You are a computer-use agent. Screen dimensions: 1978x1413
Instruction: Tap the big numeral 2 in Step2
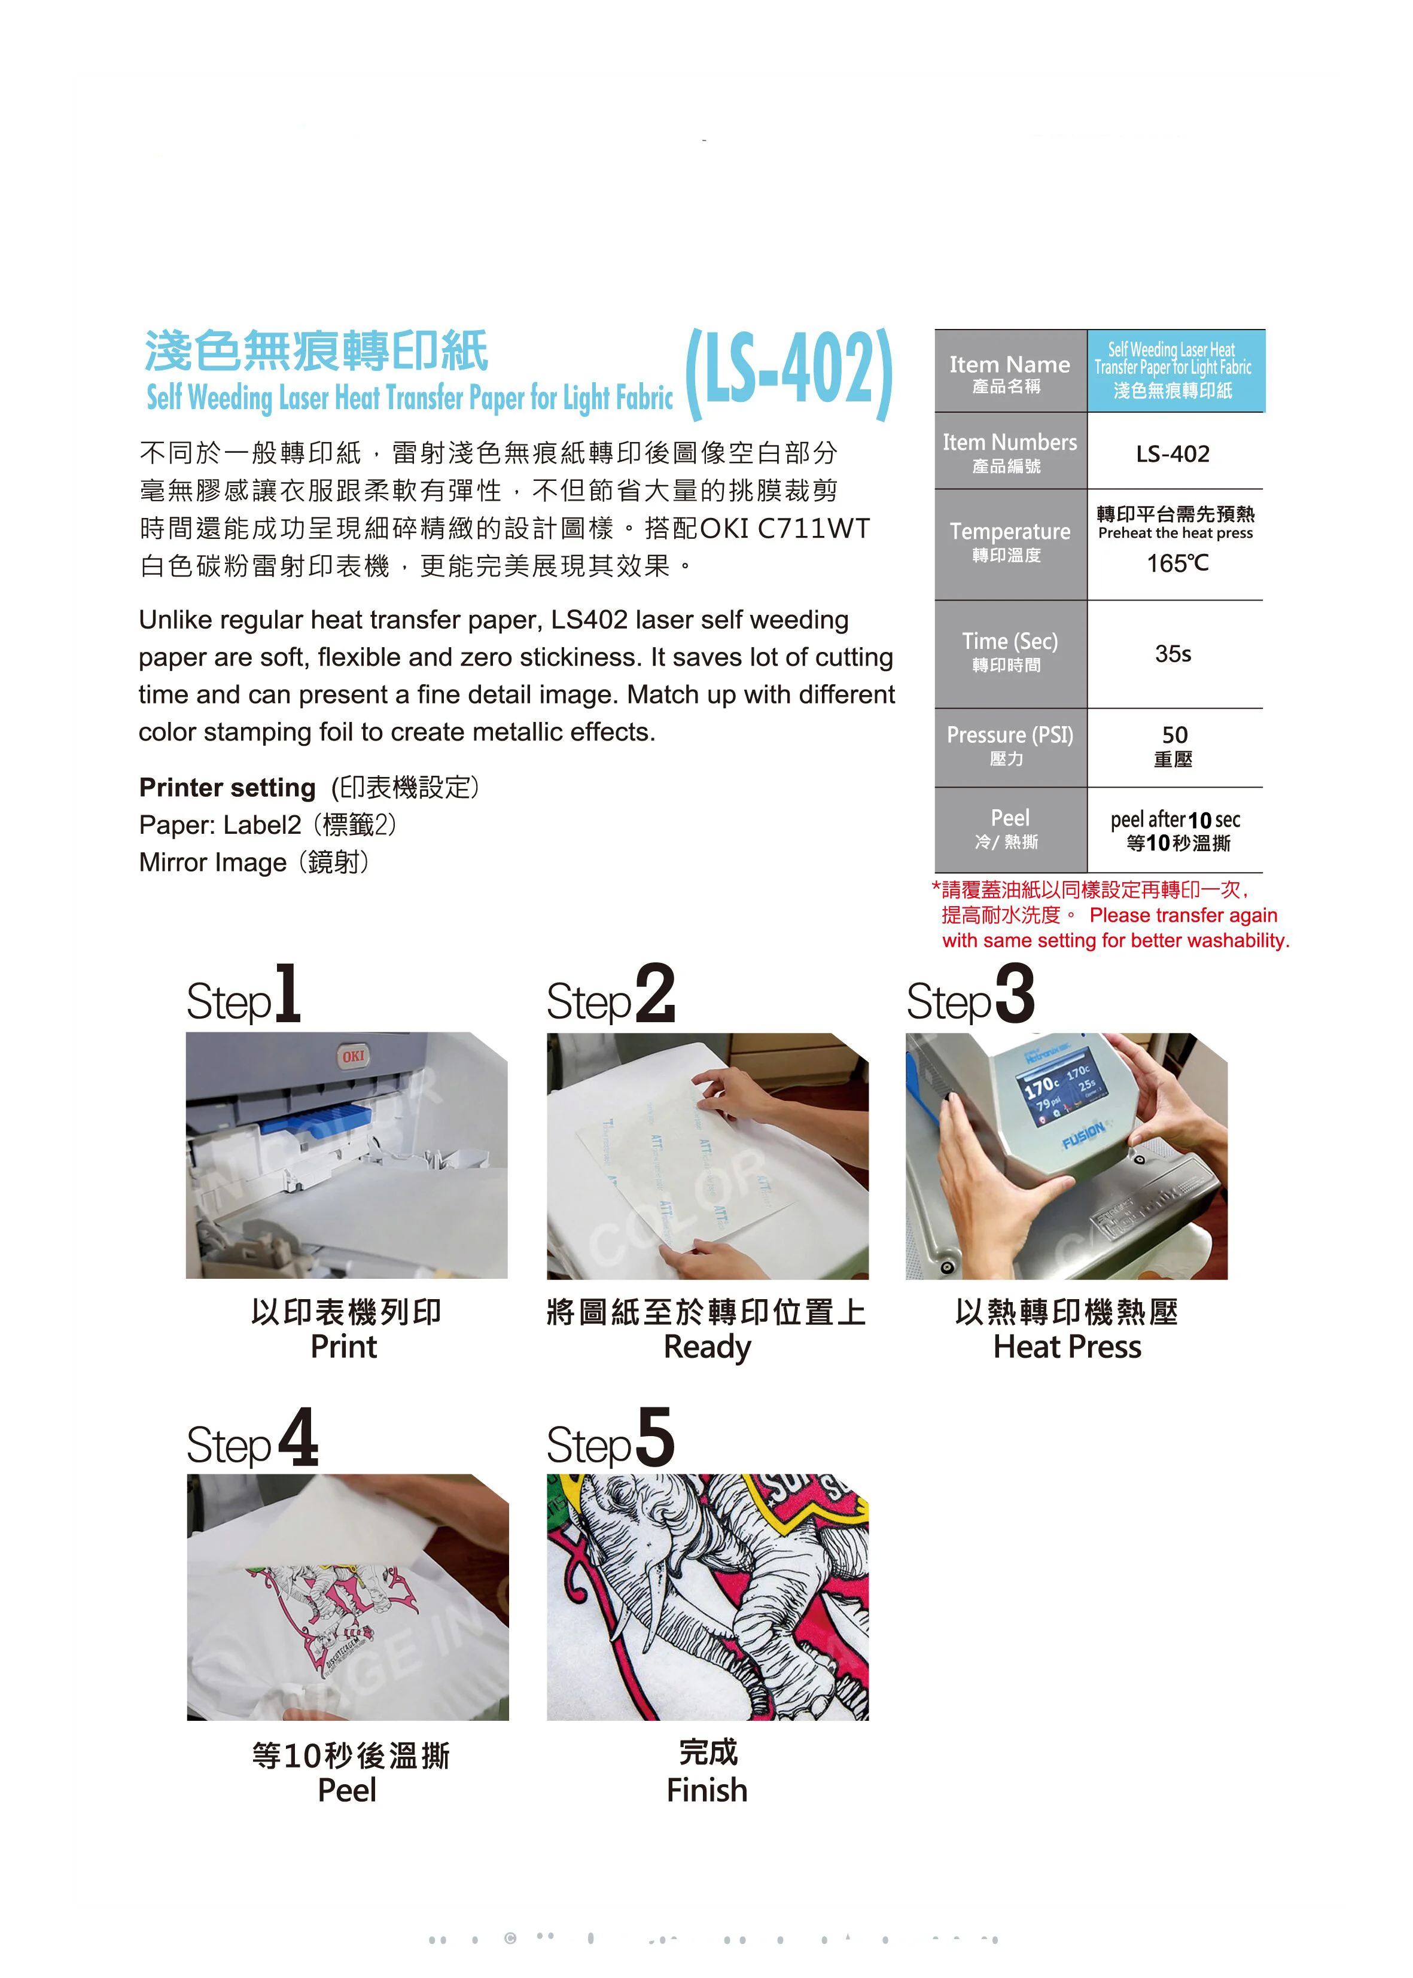click(x=654, y=994)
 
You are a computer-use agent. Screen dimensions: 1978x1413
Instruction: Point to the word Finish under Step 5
click(x=706, y=1790)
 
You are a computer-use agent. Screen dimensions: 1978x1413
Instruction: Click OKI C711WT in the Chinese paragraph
click(x=784, y=528)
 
